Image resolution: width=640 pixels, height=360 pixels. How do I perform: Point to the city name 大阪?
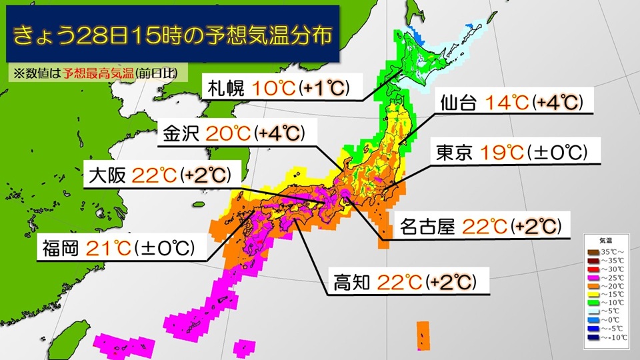pyautogui.click(x=107, y=176)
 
